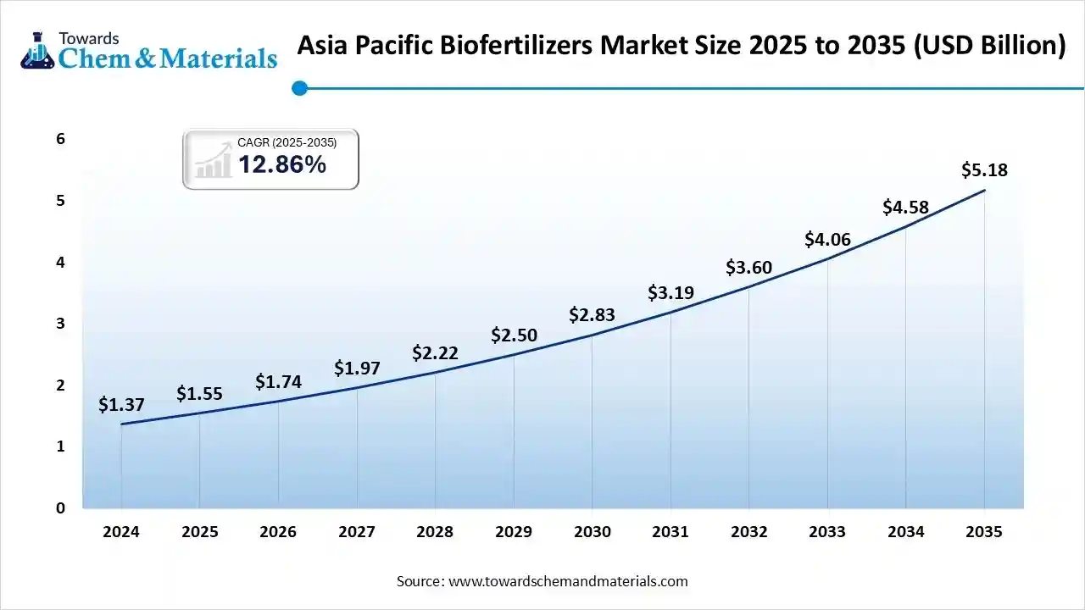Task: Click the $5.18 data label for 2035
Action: (984, 170)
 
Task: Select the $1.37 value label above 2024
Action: (121, 405)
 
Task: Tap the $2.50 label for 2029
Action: (514, 335)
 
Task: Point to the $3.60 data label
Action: (748, 268)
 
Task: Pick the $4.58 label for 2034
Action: (905, 207)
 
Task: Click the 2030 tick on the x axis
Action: (592, 532)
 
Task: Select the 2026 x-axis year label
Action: (278, 532)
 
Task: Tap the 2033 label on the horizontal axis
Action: (827, 532)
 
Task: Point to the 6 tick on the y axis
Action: (61, 139)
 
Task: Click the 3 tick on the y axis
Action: (61, 324)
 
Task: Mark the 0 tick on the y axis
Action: (61, 508)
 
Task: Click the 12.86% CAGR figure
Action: (281, 165)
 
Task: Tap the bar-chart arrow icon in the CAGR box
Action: (214, 161)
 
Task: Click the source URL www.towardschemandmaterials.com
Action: (568, 581)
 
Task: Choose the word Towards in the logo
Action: (89, 38)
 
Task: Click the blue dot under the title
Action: (299, 87)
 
